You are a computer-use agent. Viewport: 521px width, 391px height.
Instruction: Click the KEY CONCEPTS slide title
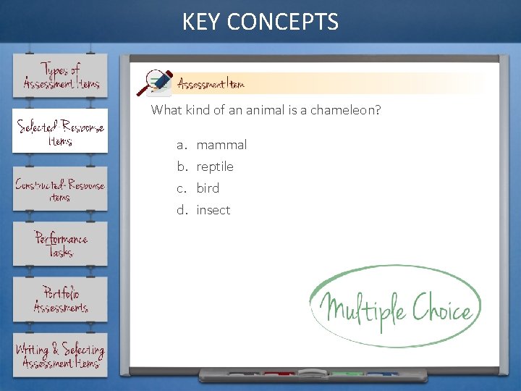pos(260,22)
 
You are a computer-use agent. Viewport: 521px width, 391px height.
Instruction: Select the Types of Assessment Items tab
pos(60,76)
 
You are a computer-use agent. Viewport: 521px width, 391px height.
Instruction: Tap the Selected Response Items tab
pos(60,131)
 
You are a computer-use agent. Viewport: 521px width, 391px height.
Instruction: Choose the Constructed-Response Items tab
pos(60,189)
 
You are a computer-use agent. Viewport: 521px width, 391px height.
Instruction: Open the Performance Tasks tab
pos(60,245)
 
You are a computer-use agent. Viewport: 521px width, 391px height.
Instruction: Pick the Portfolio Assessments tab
pos(60,300)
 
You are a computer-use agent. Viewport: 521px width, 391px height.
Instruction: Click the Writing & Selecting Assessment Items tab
pos(60,355)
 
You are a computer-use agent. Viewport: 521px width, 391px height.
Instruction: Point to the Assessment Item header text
pos(211,84)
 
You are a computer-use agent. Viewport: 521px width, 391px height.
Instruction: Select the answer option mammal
pos(221,145)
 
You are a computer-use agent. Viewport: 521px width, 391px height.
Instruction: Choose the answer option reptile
pos(215,167)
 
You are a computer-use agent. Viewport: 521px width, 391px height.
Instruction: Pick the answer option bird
pos(208,188)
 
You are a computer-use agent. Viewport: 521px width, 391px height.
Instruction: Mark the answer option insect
pos(213,210)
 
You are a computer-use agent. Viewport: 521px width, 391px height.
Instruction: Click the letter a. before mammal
pos(182,145)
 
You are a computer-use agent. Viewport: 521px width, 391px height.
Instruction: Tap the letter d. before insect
pos(182,210)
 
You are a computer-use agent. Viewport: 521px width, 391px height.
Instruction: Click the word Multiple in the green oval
pos(363,308)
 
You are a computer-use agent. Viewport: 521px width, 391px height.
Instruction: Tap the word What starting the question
pos(164,110)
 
